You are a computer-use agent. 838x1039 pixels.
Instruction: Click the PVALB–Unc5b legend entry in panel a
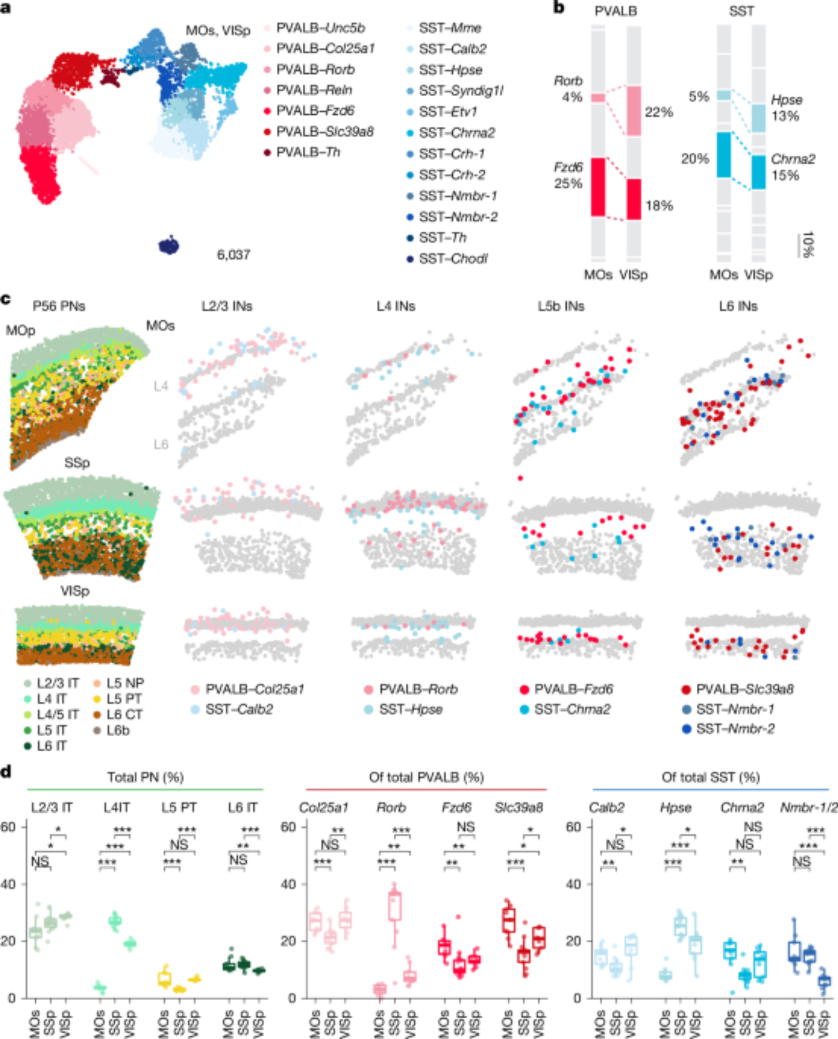320,28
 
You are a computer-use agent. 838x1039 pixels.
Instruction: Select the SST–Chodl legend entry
453,259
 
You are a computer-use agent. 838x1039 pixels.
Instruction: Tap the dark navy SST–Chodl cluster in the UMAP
169,245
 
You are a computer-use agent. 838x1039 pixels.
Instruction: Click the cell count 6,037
233,255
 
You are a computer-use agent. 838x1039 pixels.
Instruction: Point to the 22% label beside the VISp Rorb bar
659,112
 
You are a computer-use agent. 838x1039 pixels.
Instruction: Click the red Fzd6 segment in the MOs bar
598,187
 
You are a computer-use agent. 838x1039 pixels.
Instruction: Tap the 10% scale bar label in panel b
808,244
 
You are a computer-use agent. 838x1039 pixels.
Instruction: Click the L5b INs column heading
561,307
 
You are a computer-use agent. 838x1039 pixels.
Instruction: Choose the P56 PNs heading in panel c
59,307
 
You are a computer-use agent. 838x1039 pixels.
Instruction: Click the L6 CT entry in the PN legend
124,715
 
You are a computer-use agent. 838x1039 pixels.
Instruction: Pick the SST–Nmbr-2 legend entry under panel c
735,729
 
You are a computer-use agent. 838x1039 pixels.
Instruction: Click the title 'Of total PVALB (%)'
426,777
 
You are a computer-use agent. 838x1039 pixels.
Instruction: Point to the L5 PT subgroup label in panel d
179,808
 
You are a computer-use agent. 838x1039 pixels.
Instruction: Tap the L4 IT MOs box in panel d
100,988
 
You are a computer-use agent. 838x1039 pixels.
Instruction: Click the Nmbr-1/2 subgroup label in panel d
808,808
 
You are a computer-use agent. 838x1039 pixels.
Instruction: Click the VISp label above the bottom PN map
75,591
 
